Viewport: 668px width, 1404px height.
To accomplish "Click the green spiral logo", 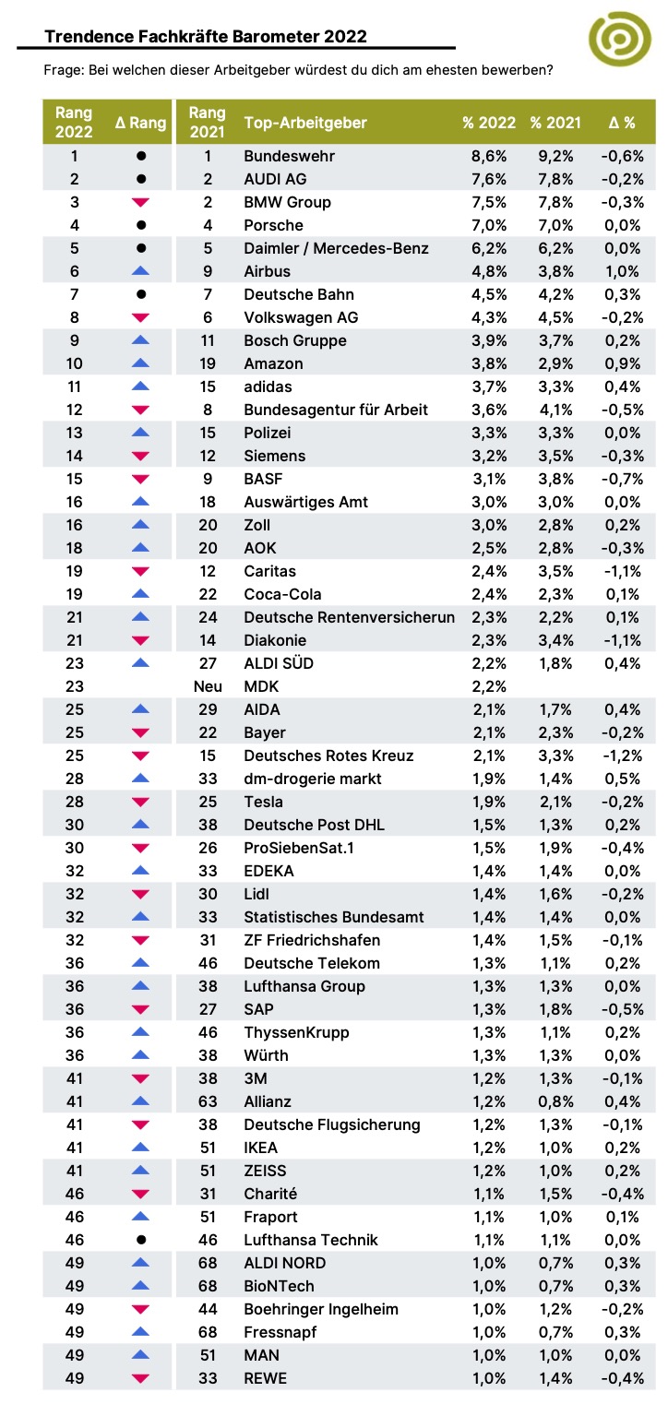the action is click(619, 39).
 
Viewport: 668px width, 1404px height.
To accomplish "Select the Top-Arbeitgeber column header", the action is click(305, 123).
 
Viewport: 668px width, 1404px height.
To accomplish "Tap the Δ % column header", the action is click(622, 123).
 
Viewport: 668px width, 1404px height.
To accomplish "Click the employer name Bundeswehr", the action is click(290, 156).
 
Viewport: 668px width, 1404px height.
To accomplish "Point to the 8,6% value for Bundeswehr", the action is click(489, 156).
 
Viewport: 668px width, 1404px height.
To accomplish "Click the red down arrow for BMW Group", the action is click(141, 202).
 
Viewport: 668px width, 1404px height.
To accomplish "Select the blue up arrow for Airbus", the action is click(141, 271).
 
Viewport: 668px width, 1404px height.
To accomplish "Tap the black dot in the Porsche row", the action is click(141, 225).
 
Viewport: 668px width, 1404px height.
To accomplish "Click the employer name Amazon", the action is click(273, 363).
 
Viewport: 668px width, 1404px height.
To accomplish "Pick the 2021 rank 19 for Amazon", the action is click(208, 363).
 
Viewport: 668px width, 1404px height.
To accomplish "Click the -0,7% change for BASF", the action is click(622, 479).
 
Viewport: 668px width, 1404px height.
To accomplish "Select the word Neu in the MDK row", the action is click(208, 686).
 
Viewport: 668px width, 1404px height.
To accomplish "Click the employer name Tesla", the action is click(263, 802).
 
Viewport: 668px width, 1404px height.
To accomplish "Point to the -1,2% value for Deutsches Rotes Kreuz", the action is click(622, 756).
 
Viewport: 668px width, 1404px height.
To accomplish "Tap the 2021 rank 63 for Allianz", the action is click(208, 1101).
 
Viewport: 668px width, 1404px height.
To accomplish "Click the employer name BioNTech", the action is click(279, 1286).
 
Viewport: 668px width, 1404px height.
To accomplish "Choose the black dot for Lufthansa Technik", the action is click(141, 1240).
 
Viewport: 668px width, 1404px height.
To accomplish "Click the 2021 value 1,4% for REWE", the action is click(555, 1378).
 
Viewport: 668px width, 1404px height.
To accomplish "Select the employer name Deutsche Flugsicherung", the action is click(332, 1125).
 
